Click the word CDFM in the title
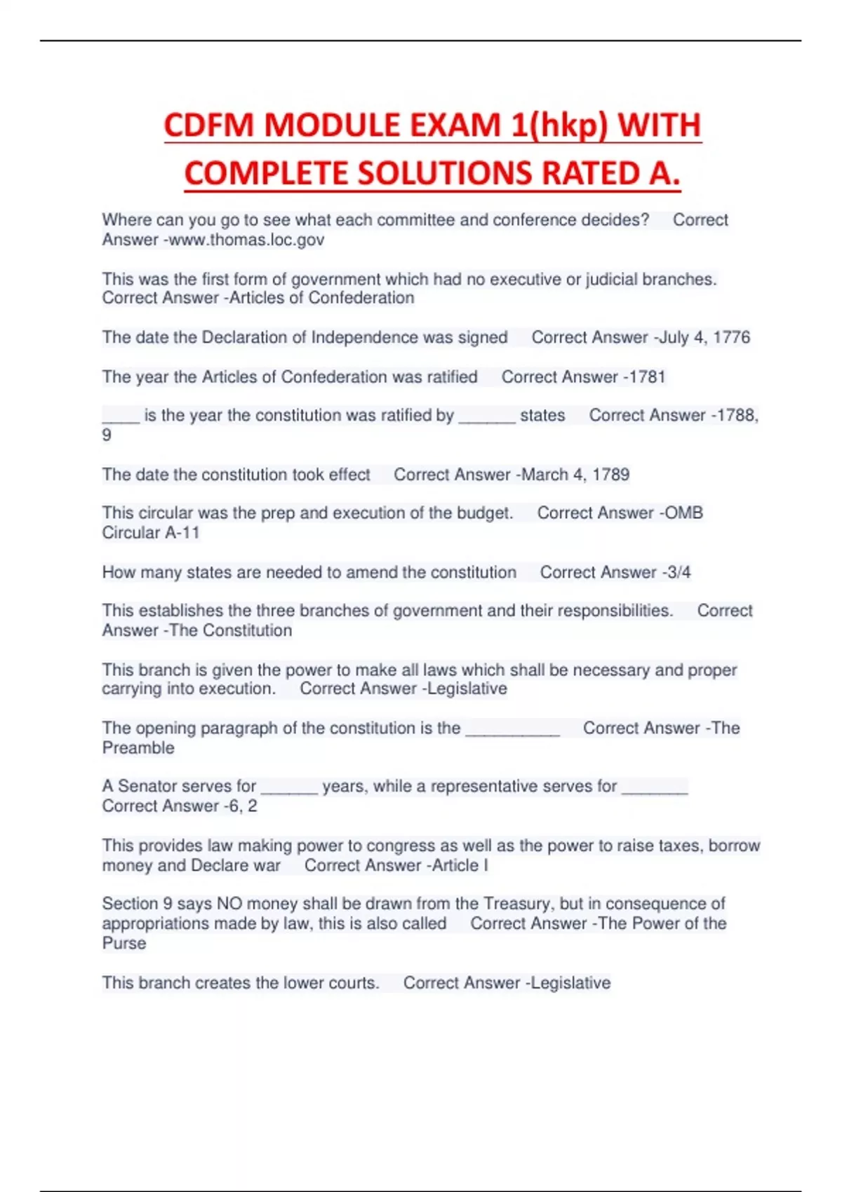pyautogui.click(x=209, y=126)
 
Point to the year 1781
pyautogui.click(x=647, y=377)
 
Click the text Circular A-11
pyautogui.click(x=151, y=533)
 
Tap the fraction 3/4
pyautogui.click(x=679, y=572)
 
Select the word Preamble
pyautogui.click(x=138, y=748)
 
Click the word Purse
pyautogui.click(x=124, y=943)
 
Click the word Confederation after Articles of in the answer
pyautogui.click(x=361, y=298)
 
